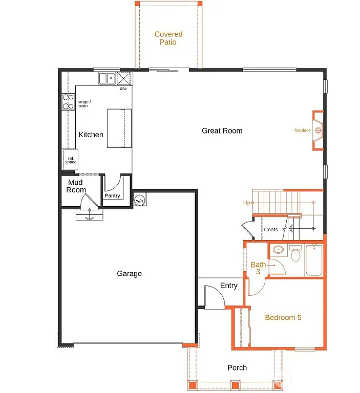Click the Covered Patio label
[x=168, y=38]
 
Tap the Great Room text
[x=222, y=131]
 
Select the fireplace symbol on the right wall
[x=319, y=130]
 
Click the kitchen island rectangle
[x=119, y=128]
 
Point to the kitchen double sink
[x=107, y=78]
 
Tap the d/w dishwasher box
[x=124, y=78]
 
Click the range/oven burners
[x=68, y=102]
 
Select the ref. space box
[x=71, y=159]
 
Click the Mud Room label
[x=76, y=186]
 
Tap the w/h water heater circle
[x=139, y=201]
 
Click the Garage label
[x=129, y=274]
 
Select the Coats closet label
[x=271, y=230]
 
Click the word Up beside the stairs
[x=246, y=203]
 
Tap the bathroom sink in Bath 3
[x=278, y=250]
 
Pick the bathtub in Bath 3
[x=313, y=261]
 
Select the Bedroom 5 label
[x=283, y=318]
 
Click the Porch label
[x=237, y=367]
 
